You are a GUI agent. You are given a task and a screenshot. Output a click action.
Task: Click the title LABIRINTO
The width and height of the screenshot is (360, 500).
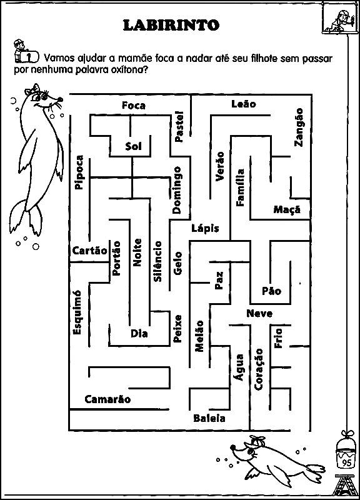point(171,26)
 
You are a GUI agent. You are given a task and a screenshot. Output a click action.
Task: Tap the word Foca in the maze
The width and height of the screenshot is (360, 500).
point(134,106)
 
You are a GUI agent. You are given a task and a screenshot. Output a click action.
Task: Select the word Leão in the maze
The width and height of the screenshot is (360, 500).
point(244,104)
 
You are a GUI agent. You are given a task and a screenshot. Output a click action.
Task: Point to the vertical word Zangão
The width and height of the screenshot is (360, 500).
point(299,127)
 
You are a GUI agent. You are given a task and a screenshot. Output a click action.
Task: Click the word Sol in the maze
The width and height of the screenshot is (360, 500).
point(133,146)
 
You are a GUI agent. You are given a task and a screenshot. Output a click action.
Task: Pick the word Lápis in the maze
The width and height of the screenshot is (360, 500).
point(206,228)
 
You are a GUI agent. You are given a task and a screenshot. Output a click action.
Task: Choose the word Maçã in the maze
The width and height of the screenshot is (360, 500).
point(287,209)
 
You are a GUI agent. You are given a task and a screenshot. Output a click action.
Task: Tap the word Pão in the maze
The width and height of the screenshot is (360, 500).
point(272,291)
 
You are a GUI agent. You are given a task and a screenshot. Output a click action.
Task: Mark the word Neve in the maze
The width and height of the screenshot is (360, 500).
point(259,314)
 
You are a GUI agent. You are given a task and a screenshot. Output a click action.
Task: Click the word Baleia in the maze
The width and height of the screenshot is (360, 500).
point(209,418)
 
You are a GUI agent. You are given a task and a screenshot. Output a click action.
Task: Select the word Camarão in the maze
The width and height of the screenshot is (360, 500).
point(107,399)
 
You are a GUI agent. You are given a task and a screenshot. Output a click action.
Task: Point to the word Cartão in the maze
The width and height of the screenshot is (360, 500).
point(90,251)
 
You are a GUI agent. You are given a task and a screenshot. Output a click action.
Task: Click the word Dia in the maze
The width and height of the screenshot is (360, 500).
point(139,334)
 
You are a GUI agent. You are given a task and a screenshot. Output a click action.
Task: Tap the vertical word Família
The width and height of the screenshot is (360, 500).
point(240,187)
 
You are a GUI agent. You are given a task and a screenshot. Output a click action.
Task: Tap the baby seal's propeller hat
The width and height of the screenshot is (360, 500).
point(257,440)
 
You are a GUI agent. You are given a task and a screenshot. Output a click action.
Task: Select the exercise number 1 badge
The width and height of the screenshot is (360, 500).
point(29,57)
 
